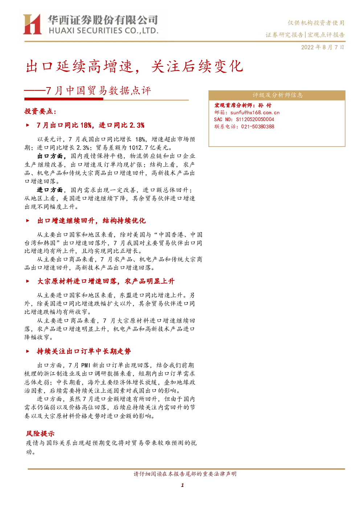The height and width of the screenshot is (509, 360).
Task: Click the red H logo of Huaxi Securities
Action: point(32,24)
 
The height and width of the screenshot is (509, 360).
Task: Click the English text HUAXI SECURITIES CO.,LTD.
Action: point(104,30)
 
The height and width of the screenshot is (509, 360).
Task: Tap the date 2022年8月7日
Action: point(323,47)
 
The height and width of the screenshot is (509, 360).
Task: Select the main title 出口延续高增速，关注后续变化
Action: point(134,66)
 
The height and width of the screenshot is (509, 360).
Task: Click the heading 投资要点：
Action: point(40,111)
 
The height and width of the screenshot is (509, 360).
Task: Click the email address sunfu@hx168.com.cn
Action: point(255,112)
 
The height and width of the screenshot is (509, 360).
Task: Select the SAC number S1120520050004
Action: point(255,119)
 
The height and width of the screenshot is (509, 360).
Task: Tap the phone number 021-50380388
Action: point(258,127)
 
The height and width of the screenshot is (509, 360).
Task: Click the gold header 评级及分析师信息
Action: point(278,95)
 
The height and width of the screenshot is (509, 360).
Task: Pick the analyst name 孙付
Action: point(265,105)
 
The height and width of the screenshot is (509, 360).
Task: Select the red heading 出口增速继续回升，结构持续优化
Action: point(91,221)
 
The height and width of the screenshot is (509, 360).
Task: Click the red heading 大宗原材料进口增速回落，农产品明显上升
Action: point(106,281)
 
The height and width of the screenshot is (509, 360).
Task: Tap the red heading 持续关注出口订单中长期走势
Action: point(84,351)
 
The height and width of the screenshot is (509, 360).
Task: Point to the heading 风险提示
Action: point(40,434)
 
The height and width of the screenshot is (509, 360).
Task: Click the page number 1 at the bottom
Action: point(182,485)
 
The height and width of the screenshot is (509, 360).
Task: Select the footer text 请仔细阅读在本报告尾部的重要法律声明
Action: point(185,474)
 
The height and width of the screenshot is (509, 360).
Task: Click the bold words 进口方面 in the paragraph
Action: point(50,190)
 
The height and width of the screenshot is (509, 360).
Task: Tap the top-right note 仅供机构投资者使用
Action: point(316,23)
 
